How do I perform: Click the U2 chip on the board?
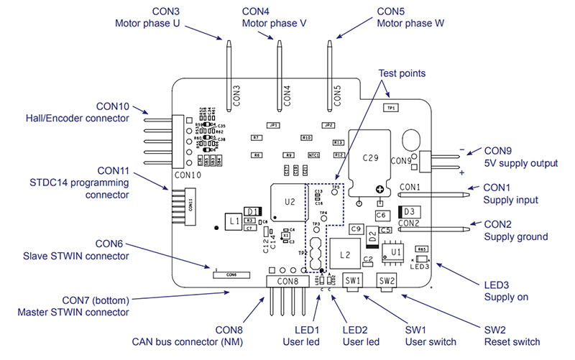pos(289,202)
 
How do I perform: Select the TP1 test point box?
pos(391,107)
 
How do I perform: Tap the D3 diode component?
pos(408,211)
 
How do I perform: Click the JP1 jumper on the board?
pos(273,125)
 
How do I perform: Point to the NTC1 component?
pos(313,154)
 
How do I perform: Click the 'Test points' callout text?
pos(402,73)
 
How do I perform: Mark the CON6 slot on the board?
pos(231,274)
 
